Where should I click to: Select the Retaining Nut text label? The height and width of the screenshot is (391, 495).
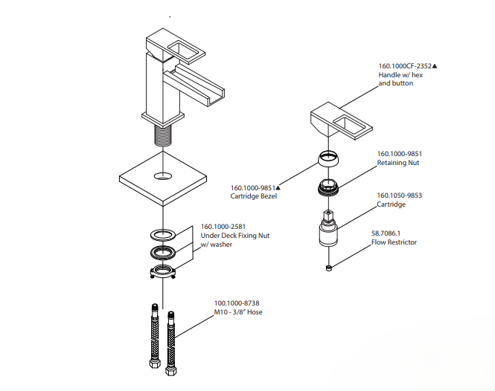point(399,162)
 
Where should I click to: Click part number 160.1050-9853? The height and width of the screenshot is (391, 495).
point(399,195)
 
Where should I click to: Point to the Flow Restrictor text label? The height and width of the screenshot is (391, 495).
point(394,242)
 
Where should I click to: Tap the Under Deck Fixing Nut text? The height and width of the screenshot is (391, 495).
point(235,236)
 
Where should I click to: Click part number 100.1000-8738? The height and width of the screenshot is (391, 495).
point(237,303)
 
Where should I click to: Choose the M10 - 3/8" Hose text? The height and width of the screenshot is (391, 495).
point(238,311)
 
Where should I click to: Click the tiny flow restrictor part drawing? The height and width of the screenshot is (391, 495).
point(328,265)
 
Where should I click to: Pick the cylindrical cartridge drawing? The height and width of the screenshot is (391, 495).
point(328,232)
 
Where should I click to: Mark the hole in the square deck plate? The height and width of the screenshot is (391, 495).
point(161,178)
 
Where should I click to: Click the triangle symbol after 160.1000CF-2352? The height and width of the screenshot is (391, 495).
point(435,66)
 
